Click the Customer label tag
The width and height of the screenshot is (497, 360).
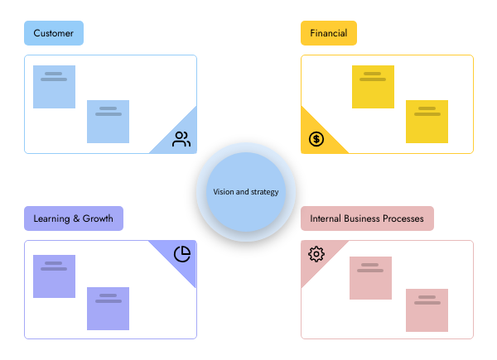click(54, 34)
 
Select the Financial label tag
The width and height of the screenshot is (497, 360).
click(329, 34)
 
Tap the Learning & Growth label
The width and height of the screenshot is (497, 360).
click(74, 219)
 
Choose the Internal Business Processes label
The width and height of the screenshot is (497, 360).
click(367, 219)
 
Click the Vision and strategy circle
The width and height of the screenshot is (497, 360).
click(246, 192)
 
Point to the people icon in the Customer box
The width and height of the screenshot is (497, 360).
click(181, 139)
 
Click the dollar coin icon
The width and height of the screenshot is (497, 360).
click(316, 139)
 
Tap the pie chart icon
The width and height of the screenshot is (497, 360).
click(182, 253)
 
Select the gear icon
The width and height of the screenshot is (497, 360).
click(316, 254)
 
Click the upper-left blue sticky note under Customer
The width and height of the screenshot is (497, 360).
click(54, 87)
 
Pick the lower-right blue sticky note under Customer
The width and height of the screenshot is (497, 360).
click(109, 122)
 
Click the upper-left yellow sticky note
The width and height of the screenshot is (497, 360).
click(373, 87)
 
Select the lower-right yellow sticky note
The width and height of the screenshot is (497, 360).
click(427, 122)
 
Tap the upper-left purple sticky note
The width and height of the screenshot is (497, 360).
click(54, 276)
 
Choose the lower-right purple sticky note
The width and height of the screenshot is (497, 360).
click(109, 309)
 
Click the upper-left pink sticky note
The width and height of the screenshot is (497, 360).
click(370, 278)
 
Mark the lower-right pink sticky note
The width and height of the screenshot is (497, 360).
click(427, 310)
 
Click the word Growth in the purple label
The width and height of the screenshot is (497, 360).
click(97, 219)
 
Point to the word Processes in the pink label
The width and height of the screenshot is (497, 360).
click(402, 219)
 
